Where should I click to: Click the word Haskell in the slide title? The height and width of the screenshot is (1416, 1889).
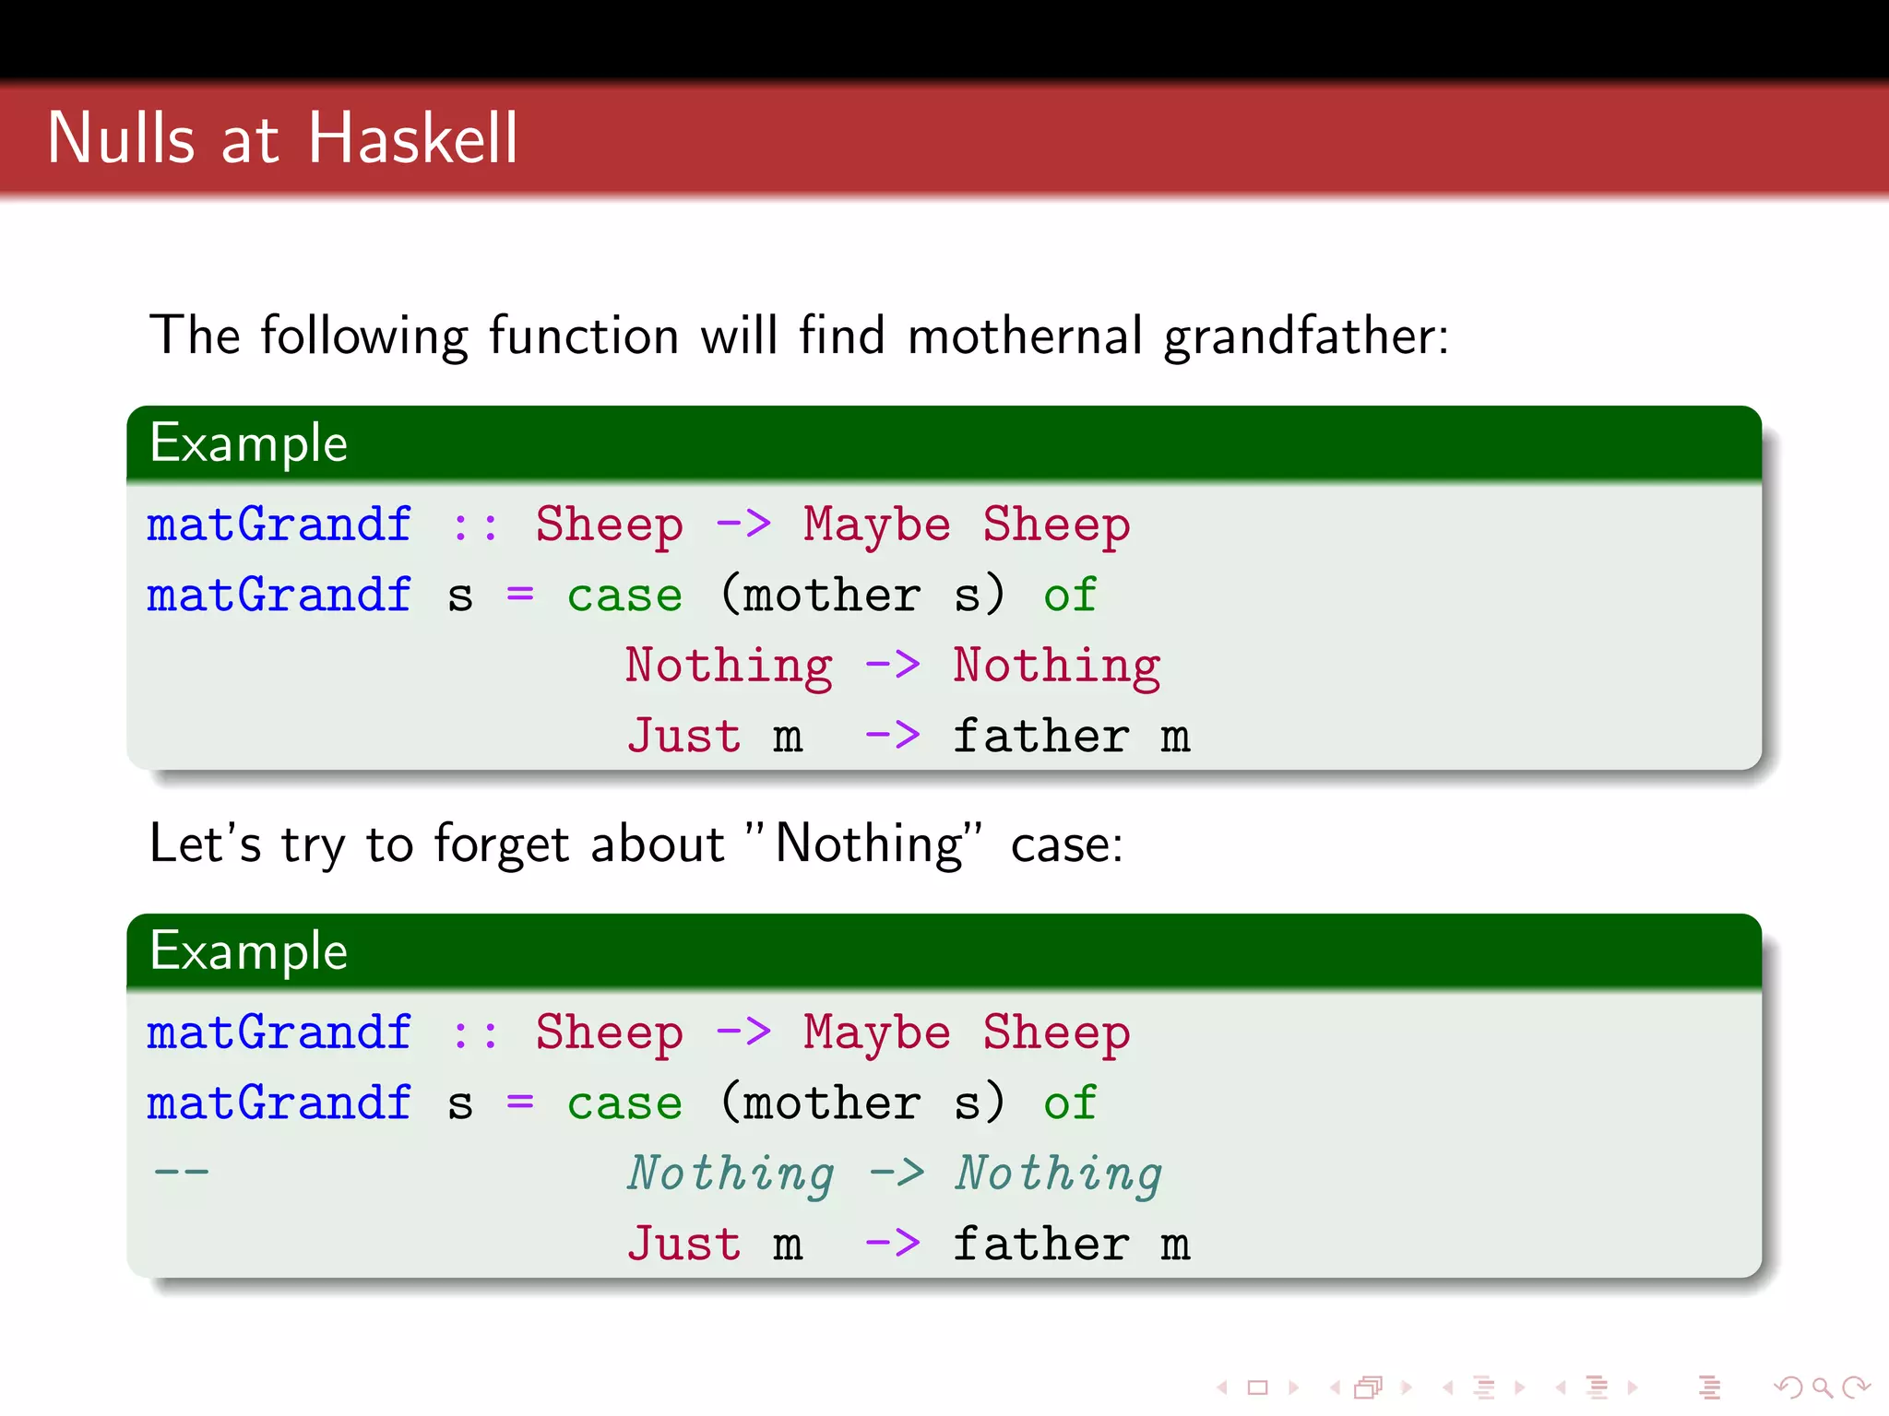click(x=412, y=138)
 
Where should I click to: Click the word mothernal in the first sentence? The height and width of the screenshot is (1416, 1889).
click(x=1025, y=336)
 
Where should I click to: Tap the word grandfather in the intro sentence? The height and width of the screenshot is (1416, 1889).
click(x=1306, y=336)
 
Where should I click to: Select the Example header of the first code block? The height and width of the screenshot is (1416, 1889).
click(x=249, y=443)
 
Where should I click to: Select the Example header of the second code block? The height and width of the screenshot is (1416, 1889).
click(x=249, y=951)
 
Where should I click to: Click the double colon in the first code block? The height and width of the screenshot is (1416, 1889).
click(x=476, y=525)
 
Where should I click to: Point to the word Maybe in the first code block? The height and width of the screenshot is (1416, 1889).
click(x=876, y=525)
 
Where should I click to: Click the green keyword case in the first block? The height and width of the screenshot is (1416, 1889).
click(x=624, y=596)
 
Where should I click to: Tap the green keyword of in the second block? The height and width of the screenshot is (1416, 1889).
click(x=1070, y=1103)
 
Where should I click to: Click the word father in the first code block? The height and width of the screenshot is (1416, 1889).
click(x=1040, y=737)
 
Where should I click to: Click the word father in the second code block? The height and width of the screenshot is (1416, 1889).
click(x=1040, y=1245)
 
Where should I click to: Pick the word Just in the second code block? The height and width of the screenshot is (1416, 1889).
click(x=683, y=1245)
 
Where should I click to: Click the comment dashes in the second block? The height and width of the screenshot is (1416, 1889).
click(x=182, y=1173)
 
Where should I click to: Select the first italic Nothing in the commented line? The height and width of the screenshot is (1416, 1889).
click(x=731, y=1174)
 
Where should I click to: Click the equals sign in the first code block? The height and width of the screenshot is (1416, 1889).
click(x=520, y=596)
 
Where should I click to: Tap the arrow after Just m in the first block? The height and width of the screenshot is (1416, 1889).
click(x=892, y=737)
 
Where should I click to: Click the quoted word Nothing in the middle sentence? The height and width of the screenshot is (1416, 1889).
click(x=870, y=844)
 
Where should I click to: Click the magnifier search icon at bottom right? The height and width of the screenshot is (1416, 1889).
click(x=1821, y=1386)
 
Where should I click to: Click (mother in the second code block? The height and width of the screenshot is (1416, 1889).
click(x=820, y=1103)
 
